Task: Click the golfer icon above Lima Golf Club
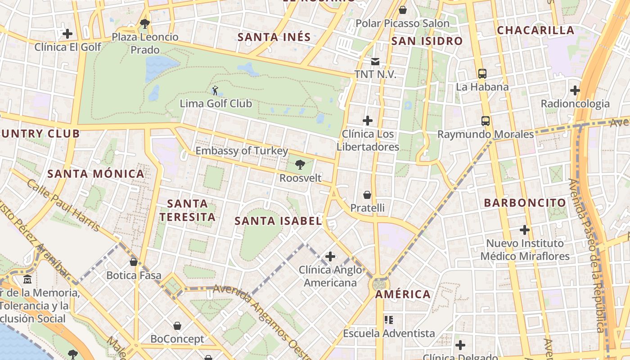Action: pyautogui.click(x=215, y=90)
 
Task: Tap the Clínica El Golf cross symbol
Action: pyautogui.click(x=67, y=34)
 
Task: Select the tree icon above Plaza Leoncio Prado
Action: pyautogui.click(x=144, y=23)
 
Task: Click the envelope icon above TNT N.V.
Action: pyautogui.click(x=375, y=62)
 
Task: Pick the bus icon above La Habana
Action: pyautogui.click(x=482, y=74)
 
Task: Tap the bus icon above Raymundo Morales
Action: pyautogui.click(x=485, y=121)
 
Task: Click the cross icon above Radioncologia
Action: pyautogui.click(x=575, y=90)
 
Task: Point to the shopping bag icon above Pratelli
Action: pyautogui.click(x=367, y=195)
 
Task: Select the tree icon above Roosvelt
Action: pyautogui.click(x=300, y=165)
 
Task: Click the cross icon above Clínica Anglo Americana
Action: pyautogui.click(x=330, y=256)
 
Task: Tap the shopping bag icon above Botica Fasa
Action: pyautogui.click(x=134, y=261)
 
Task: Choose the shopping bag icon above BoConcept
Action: pyautogui.click(x=177, y=325)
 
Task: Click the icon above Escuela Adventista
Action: pyautogui.click(x=389, y=320)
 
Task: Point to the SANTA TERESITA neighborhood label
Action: pyautogui.click(x=188, y=210)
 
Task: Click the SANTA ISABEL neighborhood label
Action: pyautogui.click(x=278, y=220)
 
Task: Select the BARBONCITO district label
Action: pyautogui.click(x=525, y=202)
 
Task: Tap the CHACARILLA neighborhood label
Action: pyautogui.click(x=535, y=30)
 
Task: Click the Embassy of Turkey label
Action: pyautogui.click(x=241, y=151)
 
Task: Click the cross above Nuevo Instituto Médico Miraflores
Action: pyautogui.click(x=525, y=230)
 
